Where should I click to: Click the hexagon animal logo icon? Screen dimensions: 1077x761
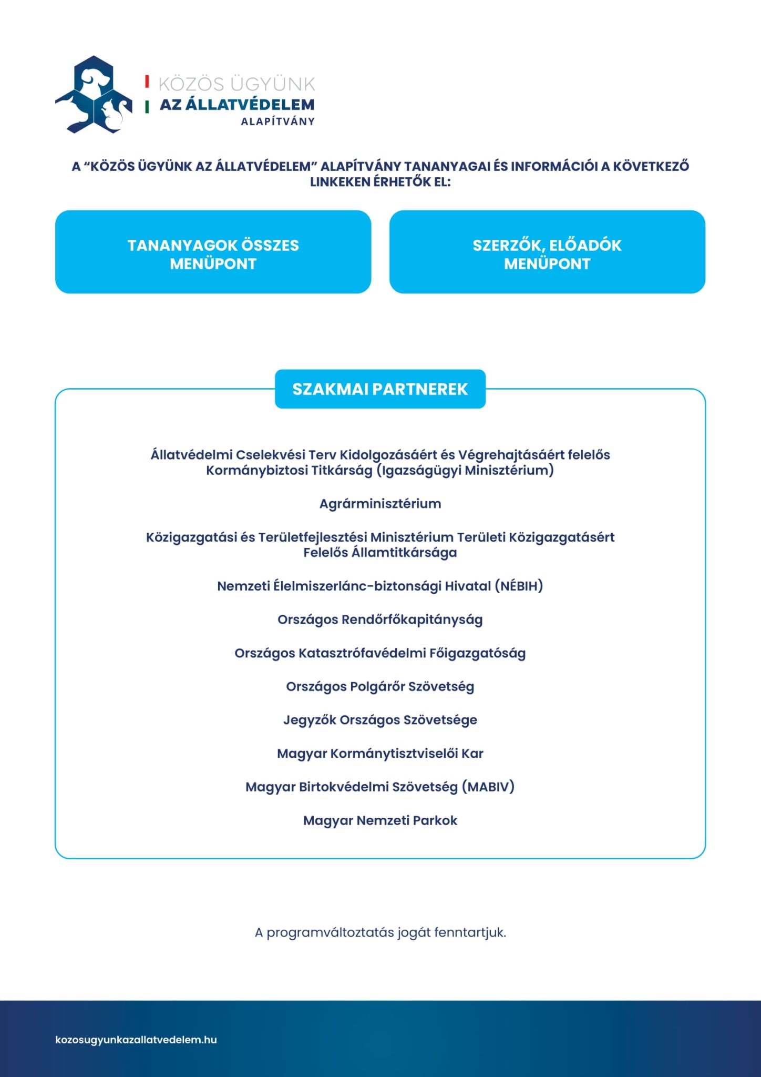click(x=94, y=95)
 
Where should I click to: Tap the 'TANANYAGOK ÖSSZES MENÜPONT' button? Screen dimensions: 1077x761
click(x=213, y=252)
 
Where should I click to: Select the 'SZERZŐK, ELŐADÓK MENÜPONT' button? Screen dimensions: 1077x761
click(x=547, y=252)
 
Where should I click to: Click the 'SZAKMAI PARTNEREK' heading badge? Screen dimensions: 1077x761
click(x=380, y=389)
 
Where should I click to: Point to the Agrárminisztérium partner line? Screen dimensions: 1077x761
click(x=380, y=504)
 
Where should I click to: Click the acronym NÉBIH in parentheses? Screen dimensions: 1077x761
click(x=519, y=586)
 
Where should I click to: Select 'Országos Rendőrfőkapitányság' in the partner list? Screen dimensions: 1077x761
click(x=380, y=619)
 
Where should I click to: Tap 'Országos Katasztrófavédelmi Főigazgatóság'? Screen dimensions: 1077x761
click(x=380, y=653)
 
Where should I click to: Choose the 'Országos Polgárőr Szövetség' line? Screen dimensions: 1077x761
click(x=380, y=687)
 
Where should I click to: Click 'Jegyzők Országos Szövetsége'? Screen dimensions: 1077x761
click(x=380, y=720)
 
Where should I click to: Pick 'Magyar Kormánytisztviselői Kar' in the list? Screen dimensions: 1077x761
click(x=380, y=754)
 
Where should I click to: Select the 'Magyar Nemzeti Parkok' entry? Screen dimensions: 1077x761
click(x=380, y=820)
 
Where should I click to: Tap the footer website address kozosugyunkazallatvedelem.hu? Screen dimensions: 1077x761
click(x=136, y=1040)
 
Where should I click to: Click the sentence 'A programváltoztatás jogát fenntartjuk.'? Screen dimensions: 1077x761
click(x=380, y=932)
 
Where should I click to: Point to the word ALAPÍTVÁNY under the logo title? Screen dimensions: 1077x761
click(x=277, y=121)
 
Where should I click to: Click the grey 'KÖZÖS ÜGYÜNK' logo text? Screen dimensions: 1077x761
click(x=236, y=84)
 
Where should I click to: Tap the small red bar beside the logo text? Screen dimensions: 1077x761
click(x=147, y=82)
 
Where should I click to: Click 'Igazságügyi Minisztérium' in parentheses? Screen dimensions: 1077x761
click(x=466, y=470)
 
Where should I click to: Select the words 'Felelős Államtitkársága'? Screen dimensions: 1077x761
click(x=380, y=553)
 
